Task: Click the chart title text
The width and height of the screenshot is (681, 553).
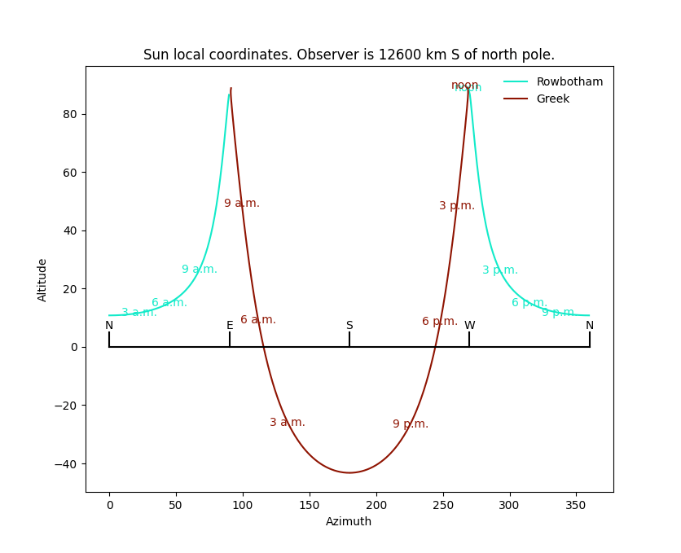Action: [349, 55]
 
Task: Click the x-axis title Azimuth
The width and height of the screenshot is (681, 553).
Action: [349, 522]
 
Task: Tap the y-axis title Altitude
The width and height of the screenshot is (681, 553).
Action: [42, 279]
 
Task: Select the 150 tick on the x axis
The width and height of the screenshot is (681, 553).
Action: [310, 506]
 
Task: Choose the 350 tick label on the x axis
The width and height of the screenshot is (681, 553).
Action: [576, 506]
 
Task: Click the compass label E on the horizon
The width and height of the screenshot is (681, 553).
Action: [230, 326]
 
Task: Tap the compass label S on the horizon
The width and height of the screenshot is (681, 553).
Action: [349, 326]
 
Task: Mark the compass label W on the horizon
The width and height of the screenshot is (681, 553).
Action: [469, 326]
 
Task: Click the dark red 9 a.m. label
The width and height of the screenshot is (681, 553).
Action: [242, 204]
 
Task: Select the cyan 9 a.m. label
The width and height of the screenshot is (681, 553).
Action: [200, 270]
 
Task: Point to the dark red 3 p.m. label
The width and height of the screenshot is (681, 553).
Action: [457, 206]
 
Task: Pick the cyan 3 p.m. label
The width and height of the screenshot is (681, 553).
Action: [500, 270]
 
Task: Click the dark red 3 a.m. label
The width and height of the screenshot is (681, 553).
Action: [288, 423]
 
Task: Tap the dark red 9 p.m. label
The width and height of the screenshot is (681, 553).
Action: [411, 424]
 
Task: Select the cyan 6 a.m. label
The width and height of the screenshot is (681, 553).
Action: [169, 303]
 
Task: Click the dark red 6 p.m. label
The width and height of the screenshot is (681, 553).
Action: [440, 322]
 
